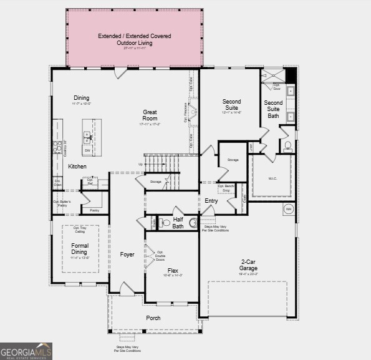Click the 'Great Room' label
[x=150, y=115]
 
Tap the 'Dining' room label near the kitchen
[x=82, y=98]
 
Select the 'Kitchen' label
[x=77, y=167]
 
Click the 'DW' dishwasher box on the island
[x=87, y=150]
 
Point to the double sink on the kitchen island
[x=87, y=137]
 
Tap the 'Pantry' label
[x=94, y=211]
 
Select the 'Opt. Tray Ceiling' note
[x=80, y=230]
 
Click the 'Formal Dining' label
[x=80, y=249]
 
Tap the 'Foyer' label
[x=127, y=255]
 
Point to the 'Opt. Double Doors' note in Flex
[x=160, y=255]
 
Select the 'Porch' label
[x=153, y=318]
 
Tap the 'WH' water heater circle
[x=289, y=209]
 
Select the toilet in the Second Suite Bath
[x=288, y=146]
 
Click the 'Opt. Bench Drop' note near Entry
[x=225, y=188]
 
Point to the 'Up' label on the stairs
[x=140, y=164]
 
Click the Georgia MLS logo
[x=26, y=351]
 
